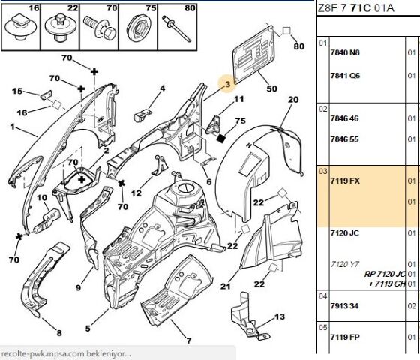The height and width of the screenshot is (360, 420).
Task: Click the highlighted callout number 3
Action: pos(228,84)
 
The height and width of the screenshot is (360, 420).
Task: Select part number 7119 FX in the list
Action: pos(345,181)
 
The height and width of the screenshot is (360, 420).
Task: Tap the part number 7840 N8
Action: pos(345,52)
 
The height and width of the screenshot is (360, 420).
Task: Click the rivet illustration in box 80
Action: pos(176,28)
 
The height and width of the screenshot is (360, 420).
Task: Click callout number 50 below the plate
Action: pos(271,88)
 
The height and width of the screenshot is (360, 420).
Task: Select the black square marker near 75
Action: pos(220,139)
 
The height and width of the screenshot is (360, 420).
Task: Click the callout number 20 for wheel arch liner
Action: pos(293,100)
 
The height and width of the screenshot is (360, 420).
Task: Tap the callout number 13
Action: pos(280,316)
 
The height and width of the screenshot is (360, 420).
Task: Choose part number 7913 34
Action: pos(344,306)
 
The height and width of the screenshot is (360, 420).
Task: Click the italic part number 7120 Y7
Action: pos(344,264)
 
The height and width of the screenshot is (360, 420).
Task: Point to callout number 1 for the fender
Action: pos(13,127)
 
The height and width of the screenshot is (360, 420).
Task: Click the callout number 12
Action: pos(136,193)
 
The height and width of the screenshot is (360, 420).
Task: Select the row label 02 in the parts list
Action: pos(323,109)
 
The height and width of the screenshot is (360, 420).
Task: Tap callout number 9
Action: pos(78,288)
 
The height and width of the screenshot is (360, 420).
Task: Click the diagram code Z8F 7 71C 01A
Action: pos(356,8)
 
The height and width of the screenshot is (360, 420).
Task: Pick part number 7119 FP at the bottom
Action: pos(345,337)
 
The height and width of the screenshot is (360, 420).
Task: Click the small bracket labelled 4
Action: pos(141,115)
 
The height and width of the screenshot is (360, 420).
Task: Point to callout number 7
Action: pos(189,340)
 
